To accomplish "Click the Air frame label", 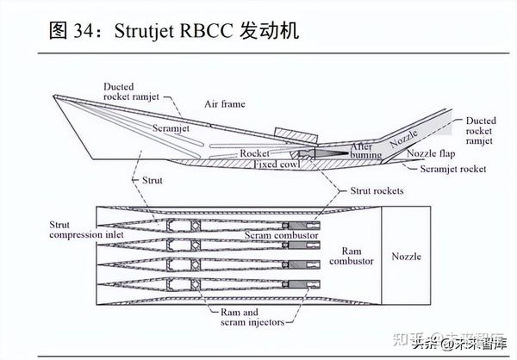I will point(224,105).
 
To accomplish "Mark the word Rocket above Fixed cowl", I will point(256,152).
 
